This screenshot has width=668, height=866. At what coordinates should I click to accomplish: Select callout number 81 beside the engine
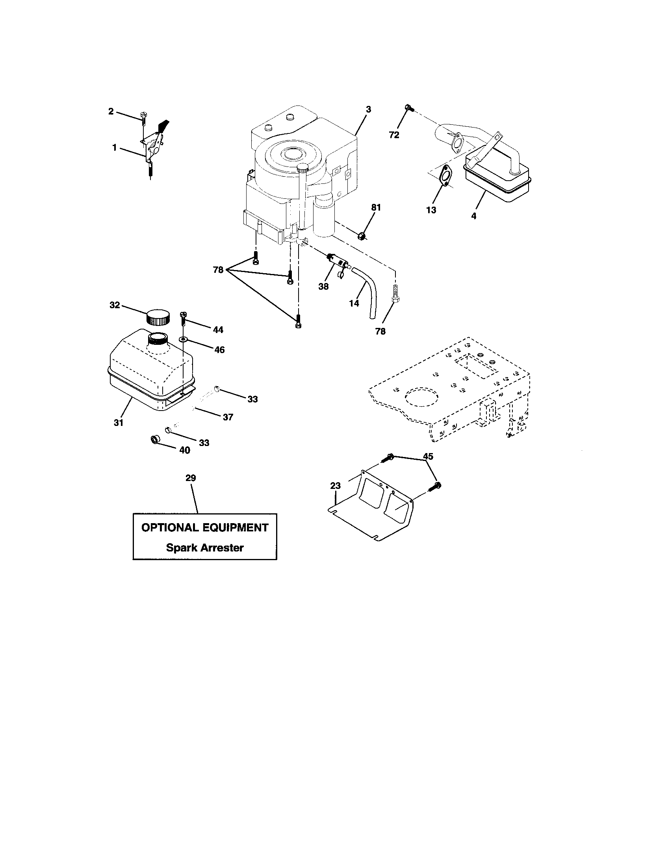376,207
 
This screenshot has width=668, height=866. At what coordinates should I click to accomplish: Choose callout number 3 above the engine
368,109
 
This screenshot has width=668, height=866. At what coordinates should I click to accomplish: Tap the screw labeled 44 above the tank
183,316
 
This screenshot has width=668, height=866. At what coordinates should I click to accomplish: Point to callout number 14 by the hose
354,303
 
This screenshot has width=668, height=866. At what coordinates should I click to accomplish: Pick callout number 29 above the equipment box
191,478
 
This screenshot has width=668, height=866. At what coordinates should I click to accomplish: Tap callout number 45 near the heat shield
428,456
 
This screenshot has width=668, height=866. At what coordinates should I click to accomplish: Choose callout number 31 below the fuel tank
119,423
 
